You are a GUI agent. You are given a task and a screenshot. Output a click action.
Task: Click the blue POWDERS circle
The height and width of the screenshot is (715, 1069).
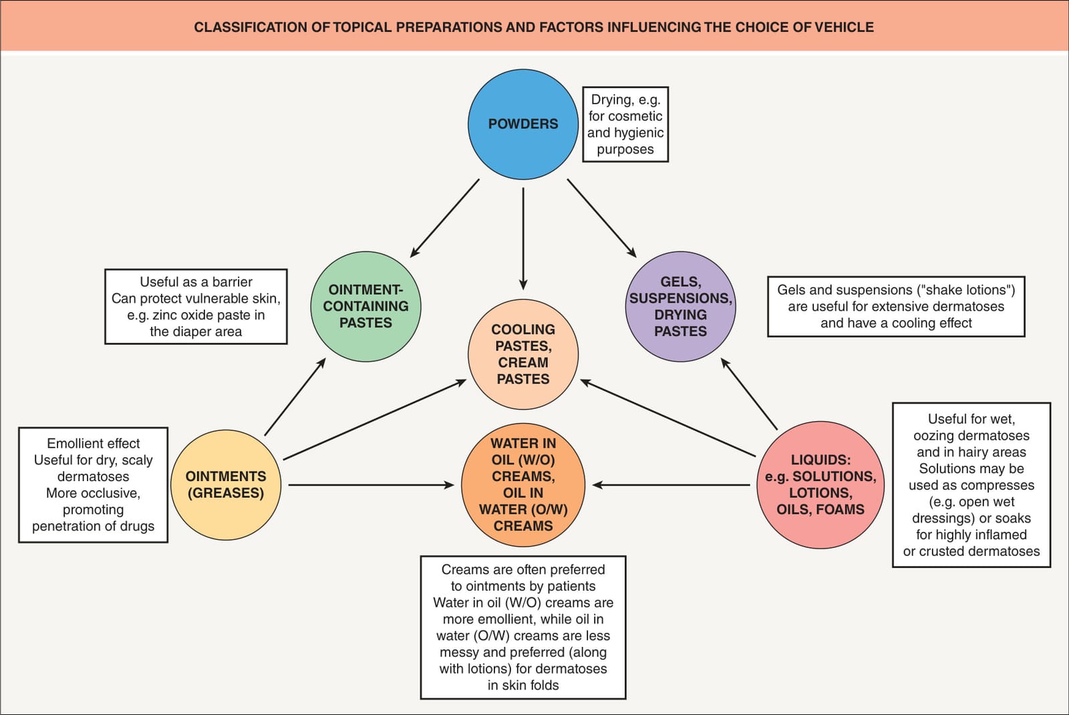(523, 124)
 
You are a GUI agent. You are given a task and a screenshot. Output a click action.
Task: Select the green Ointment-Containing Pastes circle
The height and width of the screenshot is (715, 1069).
(365, 307)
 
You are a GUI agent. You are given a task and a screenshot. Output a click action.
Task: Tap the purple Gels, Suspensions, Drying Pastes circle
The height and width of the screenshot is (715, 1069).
(681, 307)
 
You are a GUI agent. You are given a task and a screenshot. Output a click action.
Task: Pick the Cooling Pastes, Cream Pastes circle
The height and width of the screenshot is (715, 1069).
(523, 354)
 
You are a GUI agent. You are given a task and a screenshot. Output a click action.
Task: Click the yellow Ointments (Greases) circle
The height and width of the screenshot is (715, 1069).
(226, 485)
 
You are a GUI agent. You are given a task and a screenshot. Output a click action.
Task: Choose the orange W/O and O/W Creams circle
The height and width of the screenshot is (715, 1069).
(523, 485)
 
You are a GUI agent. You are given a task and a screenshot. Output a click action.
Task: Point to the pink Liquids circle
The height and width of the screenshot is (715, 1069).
(820, 485)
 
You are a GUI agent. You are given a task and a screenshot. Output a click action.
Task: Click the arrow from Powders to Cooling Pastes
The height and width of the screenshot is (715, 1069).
(523, 239)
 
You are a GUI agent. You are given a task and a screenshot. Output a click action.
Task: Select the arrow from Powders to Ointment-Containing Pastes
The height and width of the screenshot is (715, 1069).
(445, 218)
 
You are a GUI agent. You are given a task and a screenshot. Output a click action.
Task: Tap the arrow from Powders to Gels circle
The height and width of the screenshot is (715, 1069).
(602, 218)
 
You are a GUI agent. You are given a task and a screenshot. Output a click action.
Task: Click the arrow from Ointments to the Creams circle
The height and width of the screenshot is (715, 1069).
(371, 485)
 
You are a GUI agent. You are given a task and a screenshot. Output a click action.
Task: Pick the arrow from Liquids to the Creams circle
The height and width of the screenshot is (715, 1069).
(671, 485)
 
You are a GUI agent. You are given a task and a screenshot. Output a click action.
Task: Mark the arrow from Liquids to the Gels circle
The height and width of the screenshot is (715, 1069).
(749, 394)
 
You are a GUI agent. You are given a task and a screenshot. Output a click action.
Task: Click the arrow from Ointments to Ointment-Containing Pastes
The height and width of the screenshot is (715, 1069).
(295, 397)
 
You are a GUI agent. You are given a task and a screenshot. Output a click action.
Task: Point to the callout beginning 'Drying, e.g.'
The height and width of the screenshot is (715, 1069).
(625, 124)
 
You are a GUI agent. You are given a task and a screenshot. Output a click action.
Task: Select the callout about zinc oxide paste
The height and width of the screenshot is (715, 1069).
(196, 307)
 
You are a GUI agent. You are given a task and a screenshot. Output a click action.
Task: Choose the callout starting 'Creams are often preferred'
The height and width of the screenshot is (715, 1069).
(523, 627)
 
